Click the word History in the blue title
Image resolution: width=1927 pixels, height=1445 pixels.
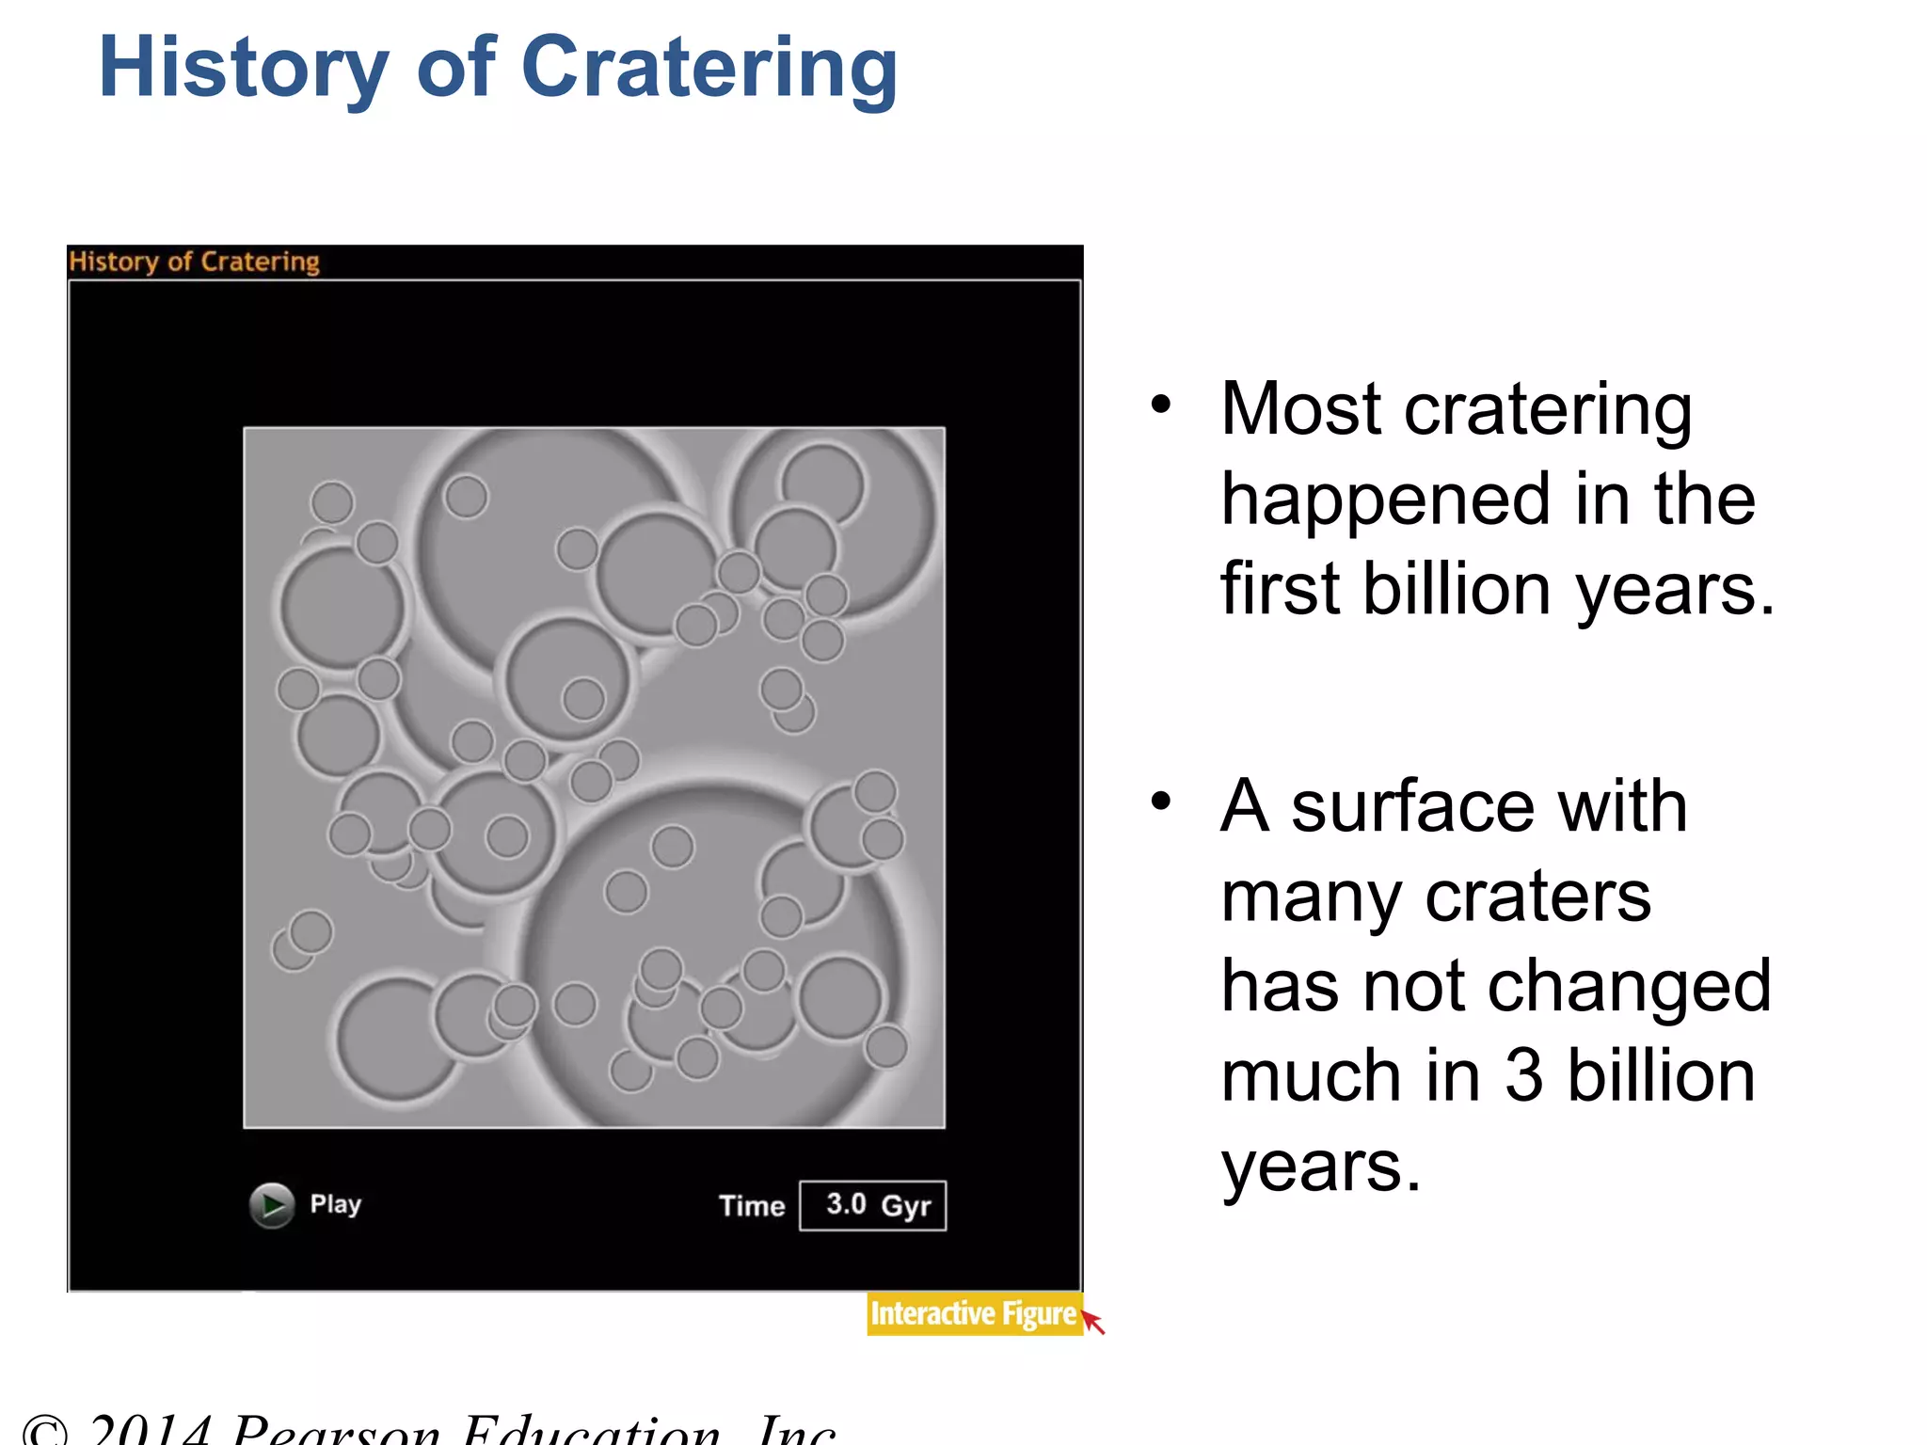pyautogui.click(x=243, y=68)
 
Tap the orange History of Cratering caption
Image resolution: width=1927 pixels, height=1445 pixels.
pyautogui.click(x=194, y=262)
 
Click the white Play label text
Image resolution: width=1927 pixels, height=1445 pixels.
pyautogui.click(x=335, y=1204)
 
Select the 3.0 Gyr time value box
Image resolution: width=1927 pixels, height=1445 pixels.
pyautogui.click(x=872, y=1205)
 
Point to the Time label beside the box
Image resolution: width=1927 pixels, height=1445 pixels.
pyautogui.click(x=751, y=1206)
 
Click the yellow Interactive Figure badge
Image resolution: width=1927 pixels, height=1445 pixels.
pyautogui.click(x=972, y=1313)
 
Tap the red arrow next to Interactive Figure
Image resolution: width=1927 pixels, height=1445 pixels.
pyautogui.click(x=1093, y=1322)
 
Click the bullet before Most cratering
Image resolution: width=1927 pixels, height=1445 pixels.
pyautogui.click(x=1161, y=405)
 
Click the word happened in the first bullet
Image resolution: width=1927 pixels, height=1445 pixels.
pyautogui.click(x=1384, y=500)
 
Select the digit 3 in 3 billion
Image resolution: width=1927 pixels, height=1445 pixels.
pyautogui.click(x=1523, y=1075)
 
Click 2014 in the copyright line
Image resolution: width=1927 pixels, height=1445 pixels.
pyautogui.click(x=151, y=1430)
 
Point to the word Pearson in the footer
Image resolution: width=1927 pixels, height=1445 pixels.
pyautogui.click(x=336, y=1430)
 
